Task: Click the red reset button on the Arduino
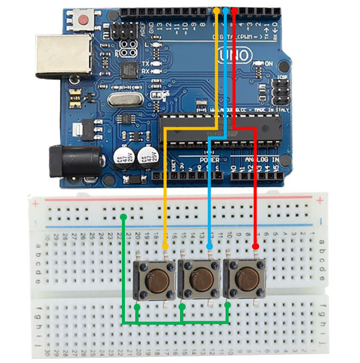[x=84, y=21]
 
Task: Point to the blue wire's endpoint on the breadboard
[x=209, y=246]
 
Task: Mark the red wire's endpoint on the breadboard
[x=255, y=246]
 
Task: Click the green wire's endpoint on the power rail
[x=123, y=216]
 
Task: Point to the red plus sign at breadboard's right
[x=320, y=200]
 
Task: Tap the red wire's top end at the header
[x=235, y=10]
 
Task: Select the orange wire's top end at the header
[x=217, y=10]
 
